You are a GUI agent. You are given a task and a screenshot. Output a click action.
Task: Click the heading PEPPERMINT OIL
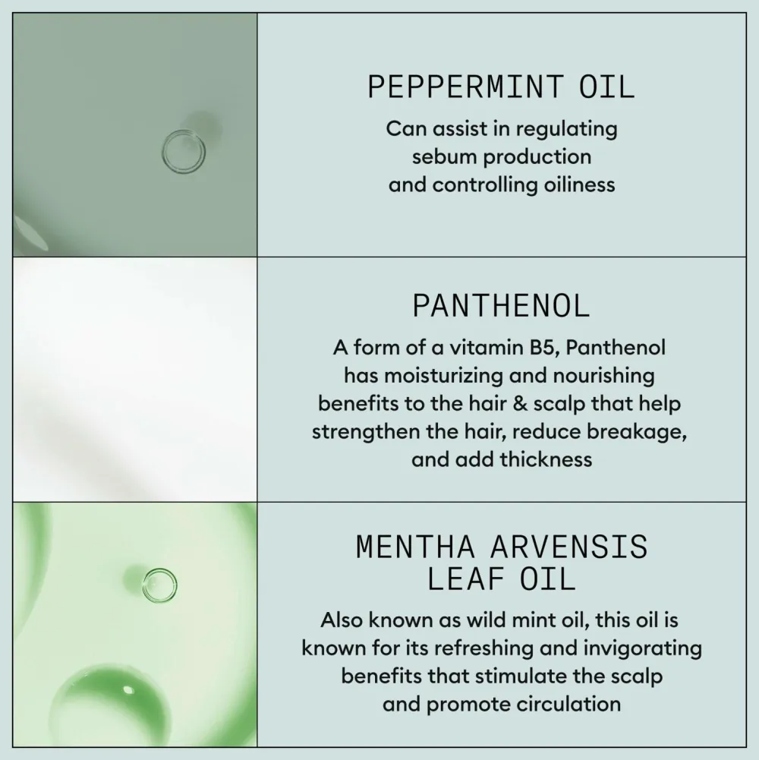tap(501, 87)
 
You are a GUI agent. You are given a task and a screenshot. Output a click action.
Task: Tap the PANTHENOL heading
tap(501, 306)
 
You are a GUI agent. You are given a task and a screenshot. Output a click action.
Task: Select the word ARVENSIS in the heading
tap(569, 547)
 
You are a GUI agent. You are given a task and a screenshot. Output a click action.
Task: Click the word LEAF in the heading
tap(465, 579)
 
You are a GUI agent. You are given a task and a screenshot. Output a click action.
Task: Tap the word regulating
tap(566, 130)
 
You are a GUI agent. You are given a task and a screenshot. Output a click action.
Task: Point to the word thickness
tap(546, 459)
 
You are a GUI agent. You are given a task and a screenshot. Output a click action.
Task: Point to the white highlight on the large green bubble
tap(128, 689)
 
